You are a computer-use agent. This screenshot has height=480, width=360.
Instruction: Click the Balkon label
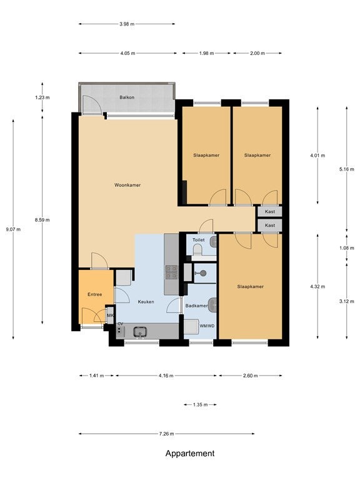(127, 97)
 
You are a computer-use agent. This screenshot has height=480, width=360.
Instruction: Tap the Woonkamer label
(127, 185)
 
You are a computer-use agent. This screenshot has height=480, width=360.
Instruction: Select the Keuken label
(146, 301)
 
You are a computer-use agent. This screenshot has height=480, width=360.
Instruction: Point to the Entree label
(94, 294)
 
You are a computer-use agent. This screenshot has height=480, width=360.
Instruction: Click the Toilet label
(198, 240)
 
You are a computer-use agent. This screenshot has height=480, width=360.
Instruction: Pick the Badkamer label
(196, 306)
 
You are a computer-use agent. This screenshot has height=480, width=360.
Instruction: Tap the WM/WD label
(207, 326)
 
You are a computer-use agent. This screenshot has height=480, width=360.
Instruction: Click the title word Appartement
(190, 453)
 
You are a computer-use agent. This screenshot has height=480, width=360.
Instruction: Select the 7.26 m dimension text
(166, 434)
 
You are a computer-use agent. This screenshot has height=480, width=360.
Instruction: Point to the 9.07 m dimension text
(13, 229)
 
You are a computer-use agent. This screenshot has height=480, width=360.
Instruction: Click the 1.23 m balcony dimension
(42, 97)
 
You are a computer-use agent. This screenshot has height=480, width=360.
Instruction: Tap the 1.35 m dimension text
(200, 405)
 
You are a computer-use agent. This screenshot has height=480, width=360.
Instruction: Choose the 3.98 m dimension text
(127, 24)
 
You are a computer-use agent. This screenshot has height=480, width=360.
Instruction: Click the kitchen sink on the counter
(140, 331)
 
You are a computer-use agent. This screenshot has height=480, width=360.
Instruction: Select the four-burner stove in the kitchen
(171, 272)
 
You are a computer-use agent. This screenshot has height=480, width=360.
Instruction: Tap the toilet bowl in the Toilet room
(198, 251)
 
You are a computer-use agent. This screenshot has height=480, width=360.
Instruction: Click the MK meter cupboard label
(110, 315)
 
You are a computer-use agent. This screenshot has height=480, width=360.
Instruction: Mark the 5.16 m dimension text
(346, 169)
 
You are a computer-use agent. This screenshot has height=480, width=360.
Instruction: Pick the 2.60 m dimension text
(250, 376)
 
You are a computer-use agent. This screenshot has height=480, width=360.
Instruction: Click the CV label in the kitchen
(120, 324)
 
